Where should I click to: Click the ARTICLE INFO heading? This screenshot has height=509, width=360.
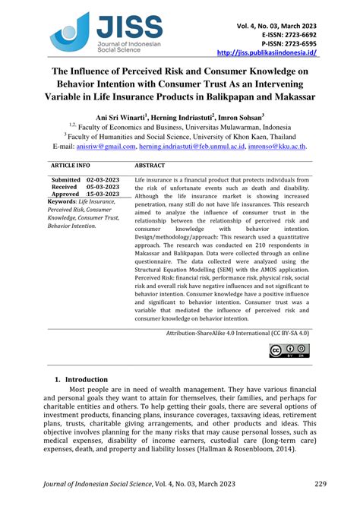[70, 164]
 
